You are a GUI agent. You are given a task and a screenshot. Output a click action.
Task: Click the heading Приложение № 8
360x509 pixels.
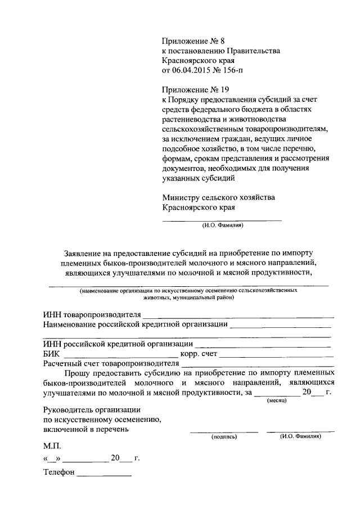click(192, 41)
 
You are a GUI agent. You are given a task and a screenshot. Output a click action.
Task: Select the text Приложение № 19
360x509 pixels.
click(195, 89)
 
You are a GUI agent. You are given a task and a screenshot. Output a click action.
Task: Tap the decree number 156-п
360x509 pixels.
click(233, 70)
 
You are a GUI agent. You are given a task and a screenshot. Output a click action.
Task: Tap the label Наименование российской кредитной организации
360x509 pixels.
click(135, 324)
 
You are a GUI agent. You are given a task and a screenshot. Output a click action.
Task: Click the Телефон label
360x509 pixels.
click(58, 472)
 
